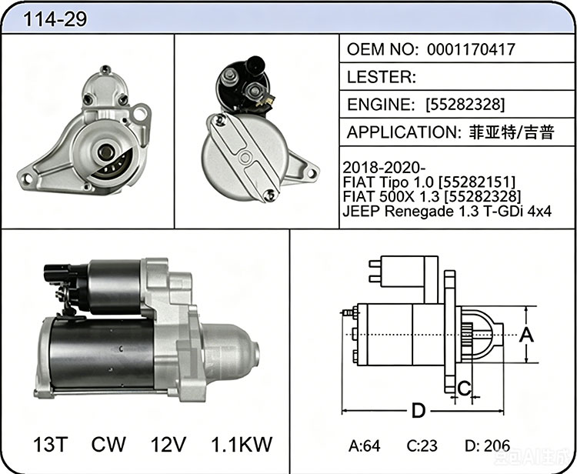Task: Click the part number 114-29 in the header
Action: click(55, 18)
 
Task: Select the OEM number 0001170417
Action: click(471, 49)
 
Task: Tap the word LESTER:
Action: click(382, 77)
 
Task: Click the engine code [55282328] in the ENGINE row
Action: click(465, 105)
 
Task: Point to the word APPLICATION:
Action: click(404, 132)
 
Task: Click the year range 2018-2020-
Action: click(384, 168)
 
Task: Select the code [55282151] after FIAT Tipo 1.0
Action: click(477, 182)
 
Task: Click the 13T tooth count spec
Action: click(51, 444)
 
